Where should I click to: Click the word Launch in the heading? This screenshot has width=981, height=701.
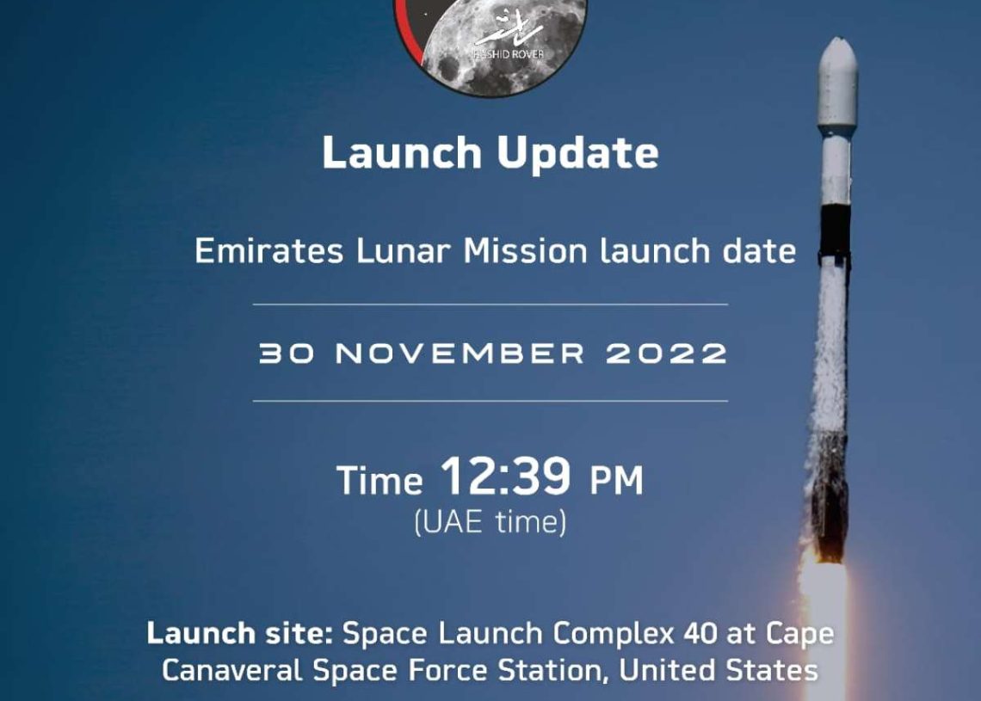coord(402,152)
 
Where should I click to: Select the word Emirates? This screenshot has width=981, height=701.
coord(269,251)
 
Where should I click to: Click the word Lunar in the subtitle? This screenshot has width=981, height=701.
coord(404,251)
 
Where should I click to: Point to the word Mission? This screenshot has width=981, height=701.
coord(526,251)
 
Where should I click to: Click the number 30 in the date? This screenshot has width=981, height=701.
coord(287,354)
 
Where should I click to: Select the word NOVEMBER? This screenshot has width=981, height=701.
coord(460,354)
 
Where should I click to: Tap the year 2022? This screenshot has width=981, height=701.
coord(666,354)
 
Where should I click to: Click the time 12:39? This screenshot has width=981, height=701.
coord(505,476)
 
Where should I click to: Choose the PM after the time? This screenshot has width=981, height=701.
coord(616,480)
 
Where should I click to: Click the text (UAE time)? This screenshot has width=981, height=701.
coord(490,522)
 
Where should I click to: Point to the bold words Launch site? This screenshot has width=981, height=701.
coord(239,633)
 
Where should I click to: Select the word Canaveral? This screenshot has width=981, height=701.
coord(232,670)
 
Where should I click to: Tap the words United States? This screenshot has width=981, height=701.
coord(719,670)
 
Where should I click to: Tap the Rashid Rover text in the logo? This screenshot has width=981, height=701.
coord(508,54)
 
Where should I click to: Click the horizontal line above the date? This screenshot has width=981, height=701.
coord(490,304)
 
